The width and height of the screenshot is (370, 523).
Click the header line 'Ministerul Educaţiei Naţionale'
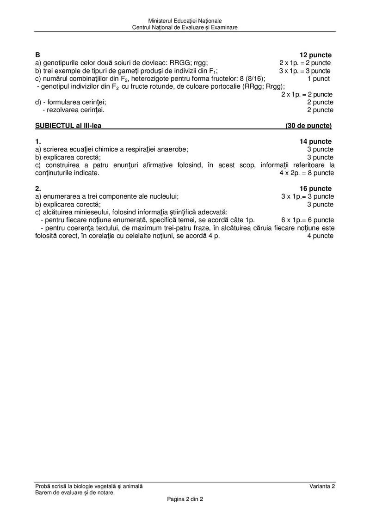click(185, 21)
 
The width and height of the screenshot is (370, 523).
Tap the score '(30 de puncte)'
click(308, 126)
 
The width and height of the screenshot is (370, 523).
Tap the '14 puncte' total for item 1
click(315, 141)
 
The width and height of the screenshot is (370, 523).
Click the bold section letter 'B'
click(37, 55)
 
